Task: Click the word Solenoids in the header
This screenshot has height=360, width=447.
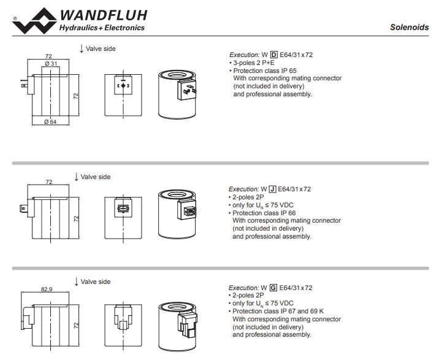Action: coord(409,28)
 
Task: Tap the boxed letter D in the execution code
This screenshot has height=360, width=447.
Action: coord(274,55)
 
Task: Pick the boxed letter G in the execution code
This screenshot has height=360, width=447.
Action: coord(273,288)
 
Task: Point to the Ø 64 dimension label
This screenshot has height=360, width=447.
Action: coord(50,121)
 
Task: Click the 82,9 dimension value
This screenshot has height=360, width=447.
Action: coord(47,288)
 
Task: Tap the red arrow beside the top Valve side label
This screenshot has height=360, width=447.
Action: coord(81,48)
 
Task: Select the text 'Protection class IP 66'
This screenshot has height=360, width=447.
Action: coord(263,213)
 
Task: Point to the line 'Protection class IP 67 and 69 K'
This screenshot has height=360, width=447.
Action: coord(277,311)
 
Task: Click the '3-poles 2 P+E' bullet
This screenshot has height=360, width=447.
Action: coord(252,63)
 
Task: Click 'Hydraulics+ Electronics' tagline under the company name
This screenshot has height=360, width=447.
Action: coord(101,28)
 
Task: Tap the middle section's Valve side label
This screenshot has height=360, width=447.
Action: coord(96,177)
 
